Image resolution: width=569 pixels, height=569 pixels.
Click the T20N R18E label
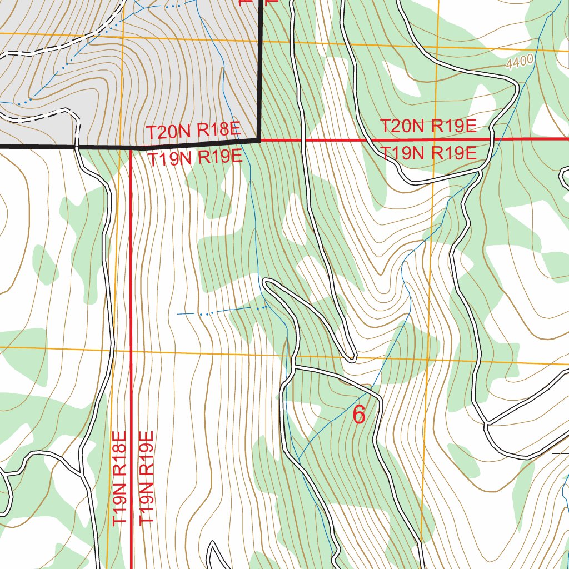tap(193, 132)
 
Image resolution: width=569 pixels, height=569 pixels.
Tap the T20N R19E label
tap(428, 126)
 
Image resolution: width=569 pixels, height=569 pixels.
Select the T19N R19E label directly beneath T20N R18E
tap(194, 158)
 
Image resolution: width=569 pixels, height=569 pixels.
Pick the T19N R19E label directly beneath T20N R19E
tap(428, 153)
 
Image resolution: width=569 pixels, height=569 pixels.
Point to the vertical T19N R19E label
tap(146, 477)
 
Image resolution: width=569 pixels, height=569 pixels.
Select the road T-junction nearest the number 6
tap(295, 367)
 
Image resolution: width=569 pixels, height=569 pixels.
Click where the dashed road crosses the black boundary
tap(76, 146)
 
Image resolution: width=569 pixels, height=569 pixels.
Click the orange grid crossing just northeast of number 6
tap(428, 359)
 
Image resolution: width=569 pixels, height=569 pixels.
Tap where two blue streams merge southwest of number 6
tap(298, 461)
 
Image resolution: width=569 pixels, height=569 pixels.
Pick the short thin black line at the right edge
tap(560, 453)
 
